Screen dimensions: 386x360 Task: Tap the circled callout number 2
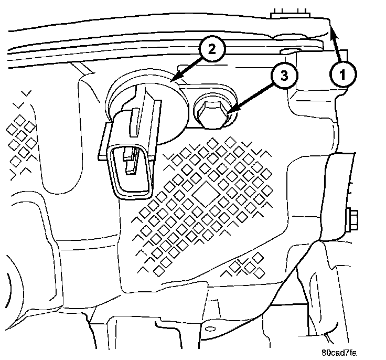click(210, 50)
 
